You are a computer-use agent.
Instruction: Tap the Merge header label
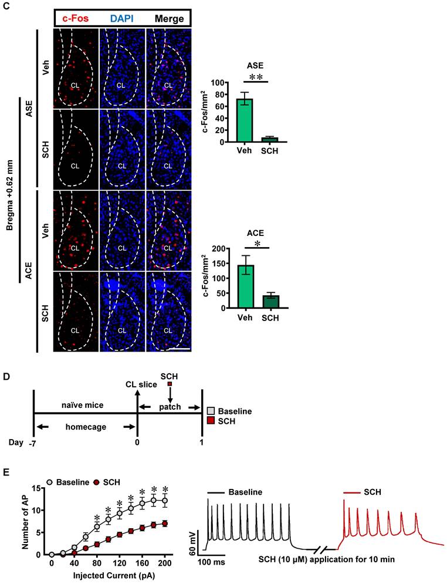pyautogui.click(x=168, y=18)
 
